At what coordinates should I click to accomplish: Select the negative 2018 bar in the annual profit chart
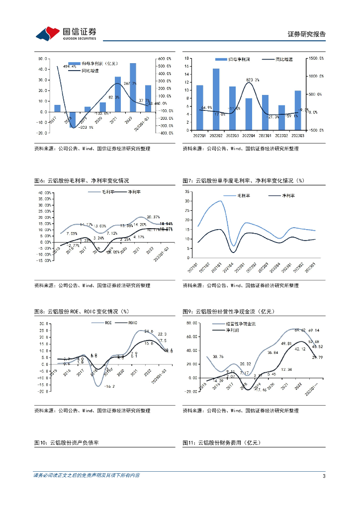[72, 119]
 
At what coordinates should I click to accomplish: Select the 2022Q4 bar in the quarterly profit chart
[249, 114]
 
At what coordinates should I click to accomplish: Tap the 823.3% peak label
[253, 80]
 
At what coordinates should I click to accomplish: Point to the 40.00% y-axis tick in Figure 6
[45, 192]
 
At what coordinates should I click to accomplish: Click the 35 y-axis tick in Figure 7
[187, 191]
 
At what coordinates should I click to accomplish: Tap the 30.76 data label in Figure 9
[218, 356]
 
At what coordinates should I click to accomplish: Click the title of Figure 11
[221, 442]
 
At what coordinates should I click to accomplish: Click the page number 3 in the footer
[324, 476]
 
